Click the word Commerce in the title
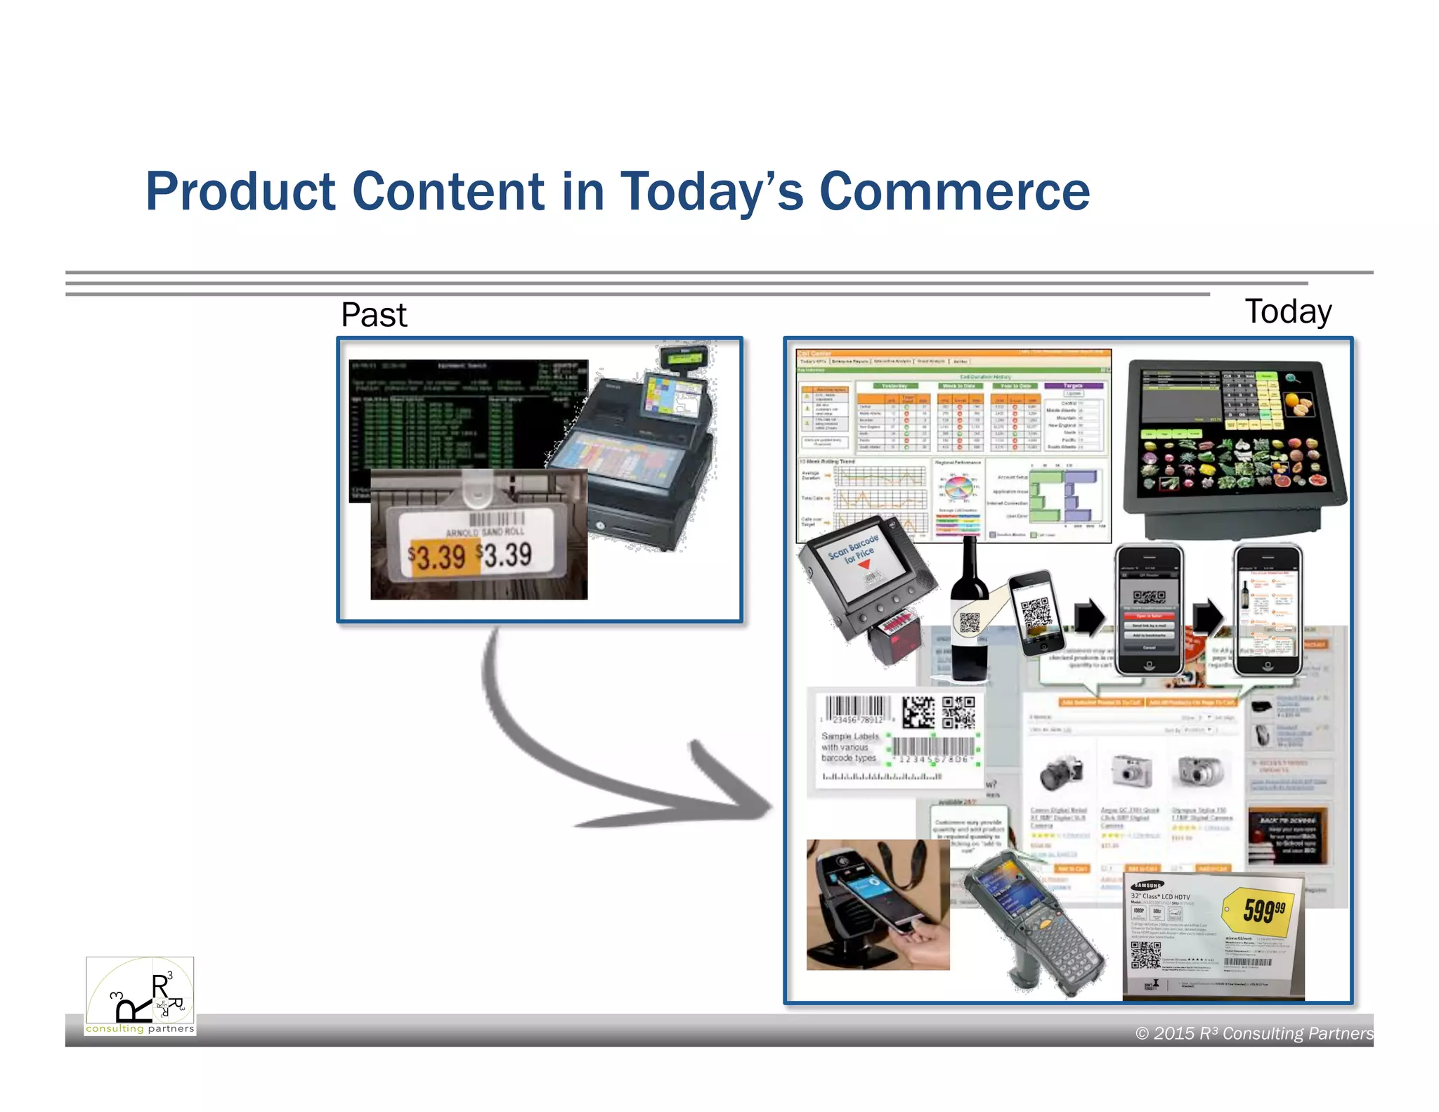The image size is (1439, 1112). [954, 191]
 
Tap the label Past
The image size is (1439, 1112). [373, 315]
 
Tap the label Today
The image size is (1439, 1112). [1287, 311]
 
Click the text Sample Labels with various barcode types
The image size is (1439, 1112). [850, 747]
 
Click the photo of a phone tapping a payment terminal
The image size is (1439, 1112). [877, 905]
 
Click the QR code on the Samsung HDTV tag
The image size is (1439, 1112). [1145, 955]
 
